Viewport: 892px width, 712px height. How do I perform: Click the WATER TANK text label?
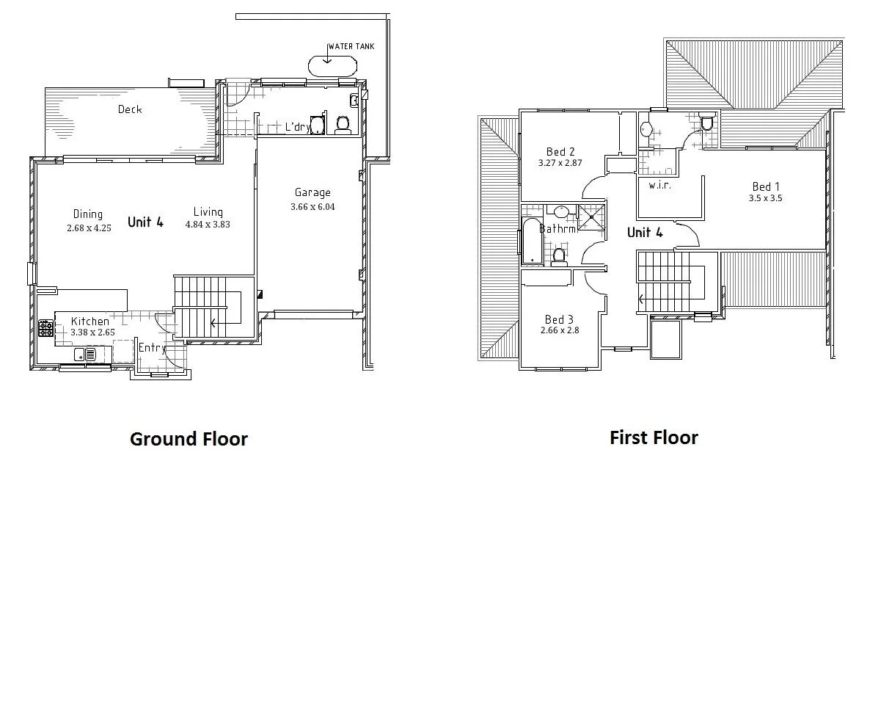(351, 46)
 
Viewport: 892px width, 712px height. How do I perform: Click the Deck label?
(130, 109)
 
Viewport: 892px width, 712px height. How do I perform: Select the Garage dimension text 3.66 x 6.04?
(312, 207)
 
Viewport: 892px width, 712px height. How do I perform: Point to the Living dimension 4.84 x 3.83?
(208, 225)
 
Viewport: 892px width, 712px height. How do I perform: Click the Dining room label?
(88, 214)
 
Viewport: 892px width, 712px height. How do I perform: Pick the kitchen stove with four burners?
(45, 328)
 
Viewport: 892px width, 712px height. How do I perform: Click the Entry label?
(152, 348)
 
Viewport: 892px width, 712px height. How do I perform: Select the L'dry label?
(297, 127)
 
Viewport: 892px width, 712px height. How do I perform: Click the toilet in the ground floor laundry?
(342, 125)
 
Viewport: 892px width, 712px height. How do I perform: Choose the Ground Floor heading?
(189, 439)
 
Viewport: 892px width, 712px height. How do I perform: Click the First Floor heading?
(654, 437)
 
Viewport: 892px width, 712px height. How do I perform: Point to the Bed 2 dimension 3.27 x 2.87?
(560, 163)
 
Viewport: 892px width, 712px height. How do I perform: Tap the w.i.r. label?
(659, 185)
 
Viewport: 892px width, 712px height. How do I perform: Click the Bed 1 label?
(766, 186)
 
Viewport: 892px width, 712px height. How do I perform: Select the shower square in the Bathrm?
(591, 217)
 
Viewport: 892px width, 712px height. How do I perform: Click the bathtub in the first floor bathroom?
(530, 241)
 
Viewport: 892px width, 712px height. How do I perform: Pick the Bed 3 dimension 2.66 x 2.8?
(559, 330)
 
